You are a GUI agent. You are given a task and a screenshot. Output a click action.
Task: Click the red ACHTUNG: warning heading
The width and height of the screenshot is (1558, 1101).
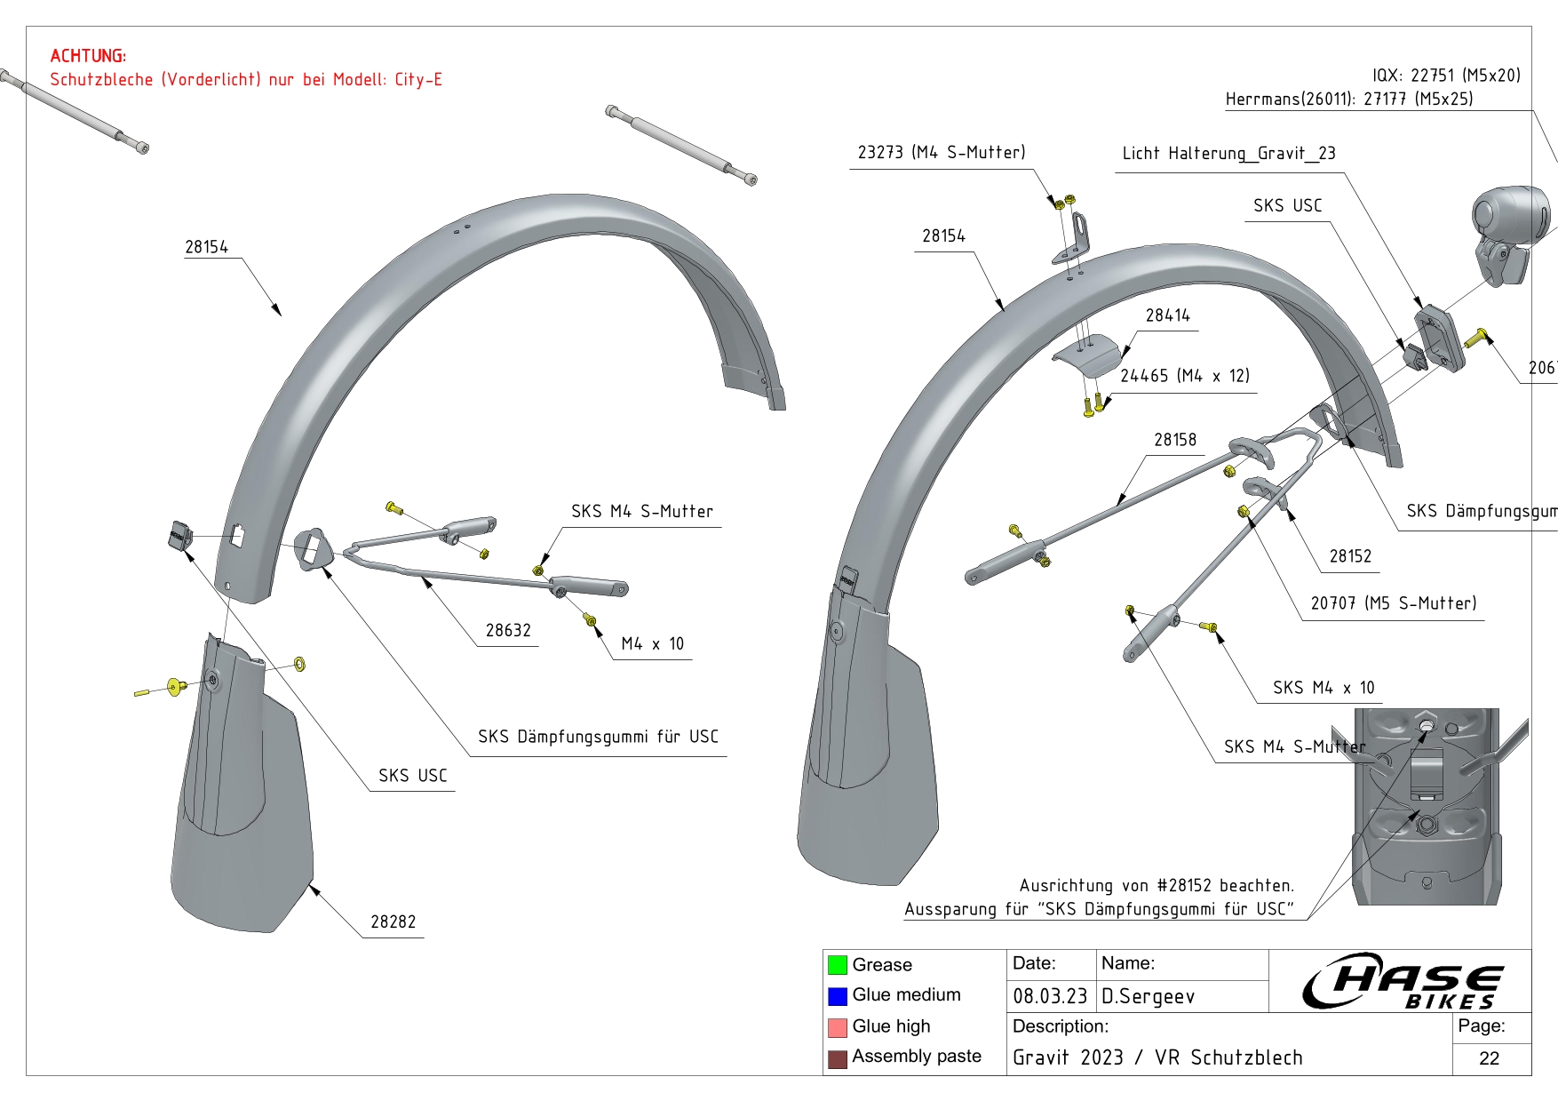(88, 56)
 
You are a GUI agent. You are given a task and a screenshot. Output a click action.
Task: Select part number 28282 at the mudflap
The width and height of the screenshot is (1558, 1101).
(393, 921)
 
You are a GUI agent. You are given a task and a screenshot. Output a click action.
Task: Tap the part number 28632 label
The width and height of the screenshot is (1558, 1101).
(508, 630)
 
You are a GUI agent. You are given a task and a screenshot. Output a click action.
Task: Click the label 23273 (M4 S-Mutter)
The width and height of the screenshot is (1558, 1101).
(941, 152)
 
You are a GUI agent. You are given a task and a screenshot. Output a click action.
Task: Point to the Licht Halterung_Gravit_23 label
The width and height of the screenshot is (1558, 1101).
(1228, 153)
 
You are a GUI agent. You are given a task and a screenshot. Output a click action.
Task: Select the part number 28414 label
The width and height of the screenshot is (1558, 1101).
(1167, 315)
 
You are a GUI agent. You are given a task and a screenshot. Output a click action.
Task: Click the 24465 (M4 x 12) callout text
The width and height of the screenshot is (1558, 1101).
(1184, 376)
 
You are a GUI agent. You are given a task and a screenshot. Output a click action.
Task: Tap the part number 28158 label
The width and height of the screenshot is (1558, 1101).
(1174, 440)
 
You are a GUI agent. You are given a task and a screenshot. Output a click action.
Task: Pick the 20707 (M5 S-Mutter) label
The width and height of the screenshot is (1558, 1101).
(1393, 603)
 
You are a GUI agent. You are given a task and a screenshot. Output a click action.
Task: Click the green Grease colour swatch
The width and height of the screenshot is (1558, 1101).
(837, 965)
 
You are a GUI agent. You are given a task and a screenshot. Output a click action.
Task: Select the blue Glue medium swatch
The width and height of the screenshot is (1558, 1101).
(837, 996)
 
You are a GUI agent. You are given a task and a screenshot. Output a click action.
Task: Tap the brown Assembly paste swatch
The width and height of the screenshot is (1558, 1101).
(837, 1058)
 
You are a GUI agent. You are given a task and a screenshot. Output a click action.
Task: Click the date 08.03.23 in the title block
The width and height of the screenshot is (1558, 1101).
(1050, 996)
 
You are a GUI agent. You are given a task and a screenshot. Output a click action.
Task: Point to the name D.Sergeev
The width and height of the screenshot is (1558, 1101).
(1148, 996)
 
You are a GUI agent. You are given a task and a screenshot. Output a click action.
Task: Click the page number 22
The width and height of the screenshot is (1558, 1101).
(1489, 1058)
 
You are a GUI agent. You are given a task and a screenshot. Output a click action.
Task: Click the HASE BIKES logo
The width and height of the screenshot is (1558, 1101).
(1403, 981)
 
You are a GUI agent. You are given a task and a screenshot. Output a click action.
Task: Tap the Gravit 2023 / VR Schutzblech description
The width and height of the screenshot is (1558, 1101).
(1157, 1057)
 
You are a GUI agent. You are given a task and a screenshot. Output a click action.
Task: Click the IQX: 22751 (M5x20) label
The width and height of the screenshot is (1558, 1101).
(1446, 76)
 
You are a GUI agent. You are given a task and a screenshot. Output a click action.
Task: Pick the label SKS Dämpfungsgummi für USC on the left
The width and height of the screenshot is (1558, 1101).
(598, 737)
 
